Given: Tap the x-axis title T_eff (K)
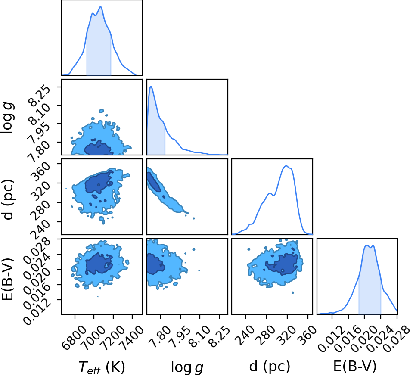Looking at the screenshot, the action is [x=102, y=367].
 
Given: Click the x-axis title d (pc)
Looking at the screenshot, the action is [x=270, y=366].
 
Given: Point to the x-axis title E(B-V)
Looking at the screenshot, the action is [x=355, y=366].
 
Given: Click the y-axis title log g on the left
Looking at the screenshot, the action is [x=8, y=117].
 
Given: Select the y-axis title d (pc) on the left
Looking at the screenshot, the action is [x=8, y=199].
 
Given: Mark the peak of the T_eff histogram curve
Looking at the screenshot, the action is [x=101, y=6].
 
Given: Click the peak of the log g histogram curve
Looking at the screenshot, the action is [x=151, y=86].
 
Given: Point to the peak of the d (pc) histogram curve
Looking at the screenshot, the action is [x=286, y=166].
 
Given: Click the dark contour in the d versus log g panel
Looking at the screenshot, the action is [x=154, y=182].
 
